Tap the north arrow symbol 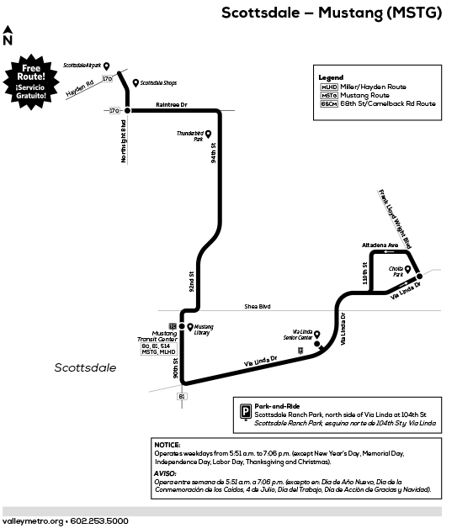coord(8,35)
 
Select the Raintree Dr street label coord(171,105)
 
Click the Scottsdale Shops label coord(158,82)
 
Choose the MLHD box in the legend coord(329,87)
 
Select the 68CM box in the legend coord(329,103)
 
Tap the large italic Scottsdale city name coord(85,367)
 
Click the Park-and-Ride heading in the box coord(277,406)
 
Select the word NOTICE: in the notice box coord(168,444)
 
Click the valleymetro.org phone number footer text coord(66,520)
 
